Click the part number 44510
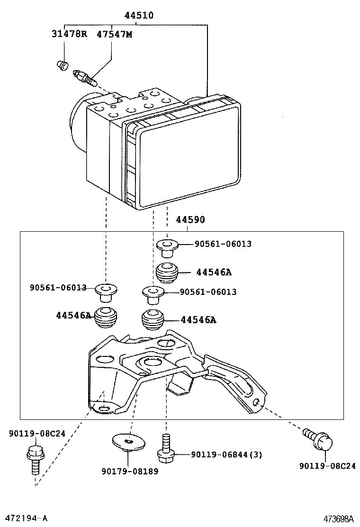tap(139, 15)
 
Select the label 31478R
tap(69, 34)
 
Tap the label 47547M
tap(115, 34)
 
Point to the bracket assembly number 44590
tap(190, 220)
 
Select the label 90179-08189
tap(130, 471)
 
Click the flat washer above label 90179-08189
tap(128, 442)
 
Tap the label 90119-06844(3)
tap(226, 454)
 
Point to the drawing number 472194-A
tap(27, 518)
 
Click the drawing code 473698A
tap(340, 518)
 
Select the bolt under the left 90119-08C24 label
tap(34, 458)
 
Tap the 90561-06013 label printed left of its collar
tap(58, 287)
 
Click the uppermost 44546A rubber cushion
tap(167, 272)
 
